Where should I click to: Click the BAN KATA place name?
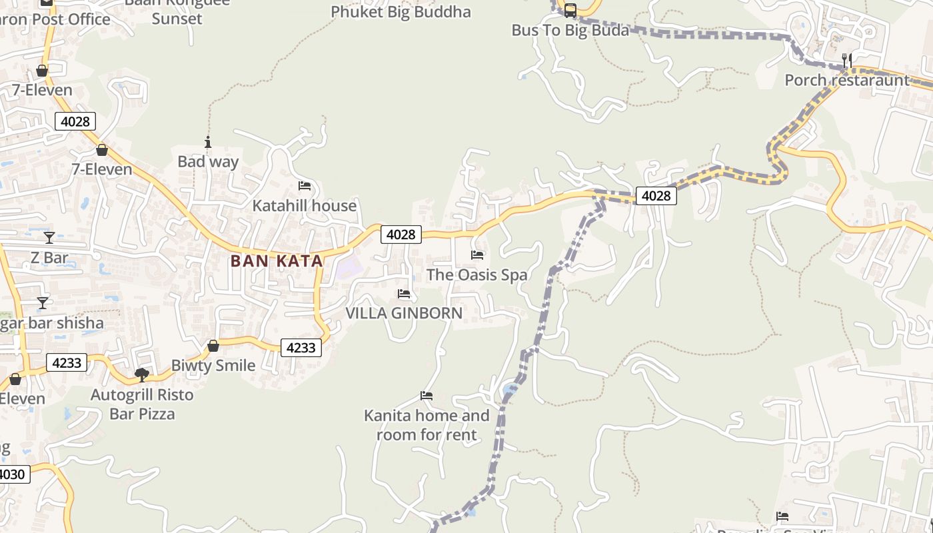tap(277, 261)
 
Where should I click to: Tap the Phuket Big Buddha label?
tap(401, 12)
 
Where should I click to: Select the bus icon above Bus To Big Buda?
tap(570, 11)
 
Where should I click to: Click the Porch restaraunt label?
tap(846, 81)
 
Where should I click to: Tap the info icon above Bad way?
tap(208, 142)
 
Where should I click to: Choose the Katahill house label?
tap(304, 206)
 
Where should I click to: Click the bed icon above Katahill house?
tap(305, 185)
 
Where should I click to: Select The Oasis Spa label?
tap(476, 275)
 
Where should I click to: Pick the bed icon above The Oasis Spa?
tap(477, 255)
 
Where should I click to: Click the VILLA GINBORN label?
tap(404, 313)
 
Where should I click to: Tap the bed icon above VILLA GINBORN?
tap(404, 294)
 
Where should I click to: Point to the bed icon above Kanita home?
tap(427, 396)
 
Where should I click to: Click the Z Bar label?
tap(49, 258)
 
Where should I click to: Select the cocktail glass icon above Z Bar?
tap(49, 238)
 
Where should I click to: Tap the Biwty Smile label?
tap(213, 366)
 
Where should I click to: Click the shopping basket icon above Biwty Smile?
tap(213, 346)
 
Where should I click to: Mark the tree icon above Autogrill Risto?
tap(141, 375)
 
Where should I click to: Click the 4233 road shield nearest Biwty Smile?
tap(301, 348)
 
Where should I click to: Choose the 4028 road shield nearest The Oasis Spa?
tap(401, 235)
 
